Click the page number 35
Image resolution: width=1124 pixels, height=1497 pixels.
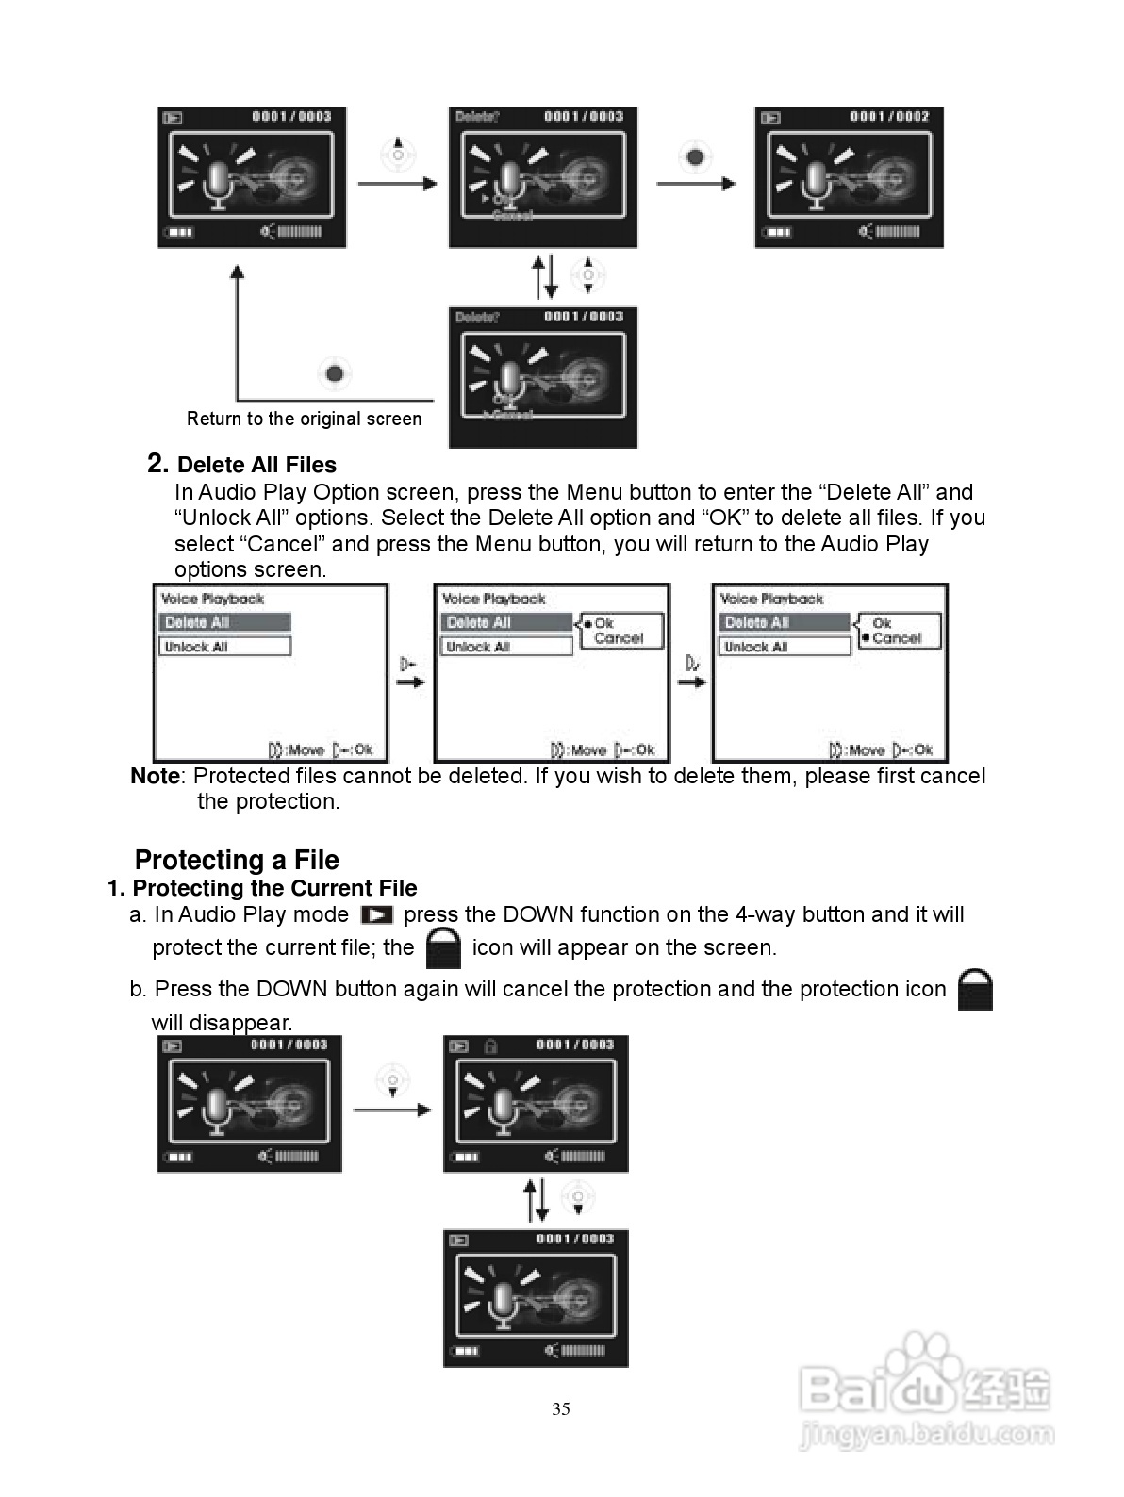tap(561, 1408)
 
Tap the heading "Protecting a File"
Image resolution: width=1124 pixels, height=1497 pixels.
tap(237, 860)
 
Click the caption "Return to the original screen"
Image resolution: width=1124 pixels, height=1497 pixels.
tap(304, 419)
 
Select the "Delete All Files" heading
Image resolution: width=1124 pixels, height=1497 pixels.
tap(256, 465)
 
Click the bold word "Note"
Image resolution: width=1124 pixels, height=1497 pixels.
tap(155, 776)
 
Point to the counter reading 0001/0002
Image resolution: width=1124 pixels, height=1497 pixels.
tap(889, 117)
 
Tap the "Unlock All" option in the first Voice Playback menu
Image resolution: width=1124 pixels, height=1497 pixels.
tap(224, 647)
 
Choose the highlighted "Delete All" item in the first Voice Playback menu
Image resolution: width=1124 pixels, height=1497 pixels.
tap(224, 622)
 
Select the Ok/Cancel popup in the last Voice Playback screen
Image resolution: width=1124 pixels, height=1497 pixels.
tap(899, 631)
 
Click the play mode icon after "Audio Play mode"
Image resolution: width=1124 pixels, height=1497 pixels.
tap(377, 915)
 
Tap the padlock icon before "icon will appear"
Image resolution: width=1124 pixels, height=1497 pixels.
tap(443, 948)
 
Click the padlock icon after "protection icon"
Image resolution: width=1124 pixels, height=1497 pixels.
tap(975, 990)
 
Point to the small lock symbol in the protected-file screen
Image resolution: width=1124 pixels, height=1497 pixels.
tap(489, 1045)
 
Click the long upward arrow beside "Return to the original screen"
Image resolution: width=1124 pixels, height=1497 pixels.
tap(238, 330)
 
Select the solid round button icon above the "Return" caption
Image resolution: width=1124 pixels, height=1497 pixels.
tap(335, 374)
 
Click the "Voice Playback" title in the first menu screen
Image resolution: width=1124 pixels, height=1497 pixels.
tap(213, 600)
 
